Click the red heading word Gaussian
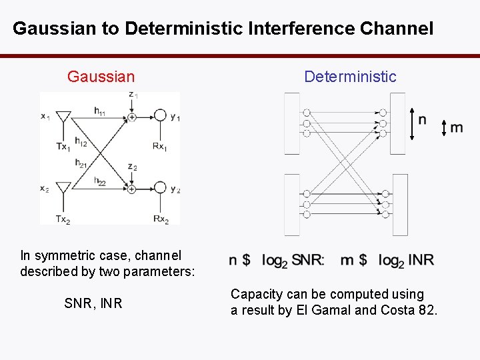(x=101, y=77)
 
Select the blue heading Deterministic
(x=350, y=77)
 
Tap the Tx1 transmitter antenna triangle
(x=63, y=119)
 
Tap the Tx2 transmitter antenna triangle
(x=63, y=188)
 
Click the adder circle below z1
(x=132, y=117)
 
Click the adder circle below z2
(x=132, y=189)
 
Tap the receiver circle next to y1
(x=160, y=116)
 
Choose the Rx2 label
(x=161, y=219)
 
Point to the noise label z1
(x=133, y=95)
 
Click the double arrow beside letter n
(x=412, y=124)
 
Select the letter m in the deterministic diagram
(x=457, y=127)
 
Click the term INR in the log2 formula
(x=420, y=260)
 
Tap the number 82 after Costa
(x=427, y=310)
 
